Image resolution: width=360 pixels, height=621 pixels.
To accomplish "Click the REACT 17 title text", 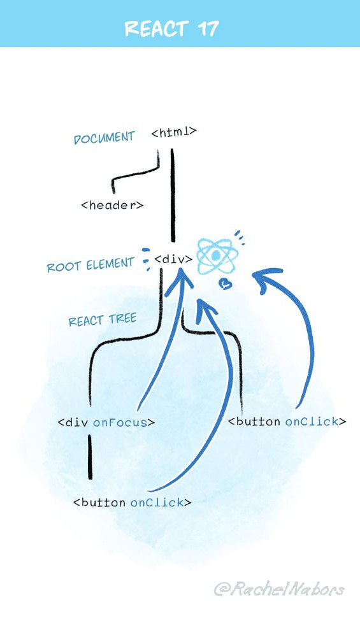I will (171, 29).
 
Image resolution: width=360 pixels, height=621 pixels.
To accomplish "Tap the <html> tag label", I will (174, 132).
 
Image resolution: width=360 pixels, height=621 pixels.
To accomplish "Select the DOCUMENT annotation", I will (104, 138).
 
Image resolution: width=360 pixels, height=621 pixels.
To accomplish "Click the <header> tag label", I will (112, 205).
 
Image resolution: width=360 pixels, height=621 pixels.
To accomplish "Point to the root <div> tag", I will (173, 259).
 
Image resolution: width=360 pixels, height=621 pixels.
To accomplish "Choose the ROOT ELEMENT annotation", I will (90, 264).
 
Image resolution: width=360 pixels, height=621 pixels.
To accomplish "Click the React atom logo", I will (216, 256).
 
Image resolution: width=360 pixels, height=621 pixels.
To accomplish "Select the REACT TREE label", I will (102, 320).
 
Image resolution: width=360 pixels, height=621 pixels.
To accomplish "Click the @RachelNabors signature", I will (279, 589).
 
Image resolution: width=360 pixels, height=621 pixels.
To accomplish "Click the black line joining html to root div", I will (173, 197).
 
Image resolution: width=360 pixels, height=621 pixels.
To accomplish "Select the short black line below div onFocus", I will (90, 456).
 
